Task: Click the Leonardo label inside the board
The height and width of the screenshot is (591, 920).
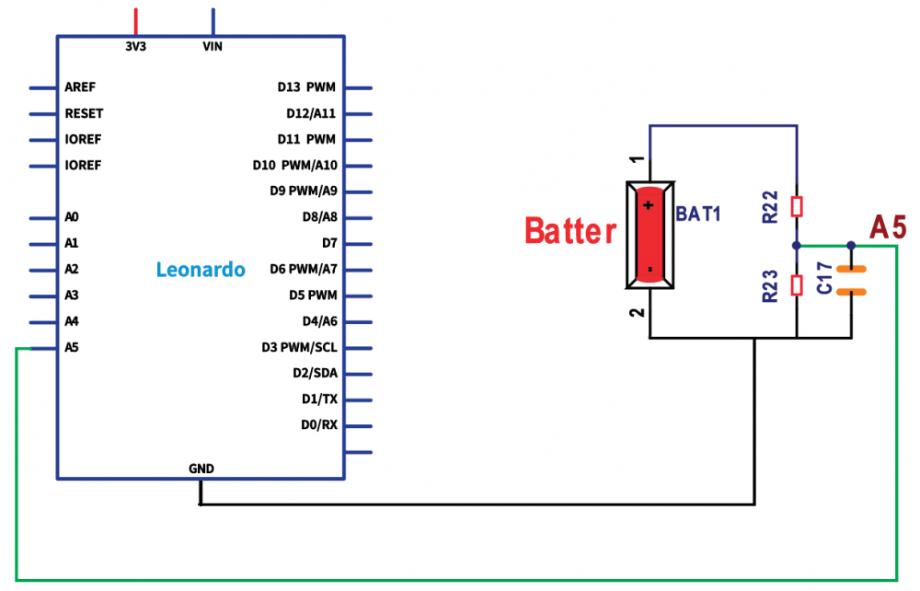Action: (x=201, y=270)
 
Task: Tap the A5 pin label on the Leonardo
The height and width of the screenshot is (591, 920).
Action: (x=72, y=348)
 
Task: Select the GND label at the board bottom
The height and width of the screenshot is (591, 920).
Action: (x=201, y=469)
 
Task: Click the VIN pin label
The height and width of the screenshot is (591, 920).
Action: (x=213, y=46)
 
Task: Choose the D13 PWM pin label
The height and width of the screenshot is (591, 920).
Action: (x=306, y=87)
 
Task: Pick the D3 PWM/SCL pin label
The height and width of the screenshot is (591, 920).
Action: (x=299, y=348)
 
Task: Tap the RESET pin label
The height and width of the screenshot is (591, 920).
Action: (x=84, y=113)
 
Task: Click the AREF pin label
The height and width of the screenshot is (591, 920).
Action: (x=80, y=87)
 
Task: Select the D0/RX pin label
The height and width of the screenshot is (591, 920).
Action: (x=319, y=425)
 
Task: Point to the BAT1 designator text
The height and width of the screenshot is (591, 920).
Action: (x=698, y=214)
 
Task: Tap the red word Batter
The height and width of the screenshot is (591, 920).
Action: (x=570, y=231)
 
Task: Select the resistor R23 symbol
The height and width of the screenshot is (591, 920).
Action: (x=797, y=284)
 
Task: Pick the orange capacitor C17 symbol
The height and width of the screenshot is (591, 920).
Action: (x=852, y=280)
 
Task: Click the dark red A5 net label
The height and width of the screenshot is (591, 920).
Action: (x=889, y=226)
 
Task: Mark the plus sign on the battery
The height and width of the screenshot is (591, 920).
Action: (x=650, y=204)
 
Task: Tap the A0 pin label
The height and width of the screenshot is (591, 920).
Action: (x=72, y=217)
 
